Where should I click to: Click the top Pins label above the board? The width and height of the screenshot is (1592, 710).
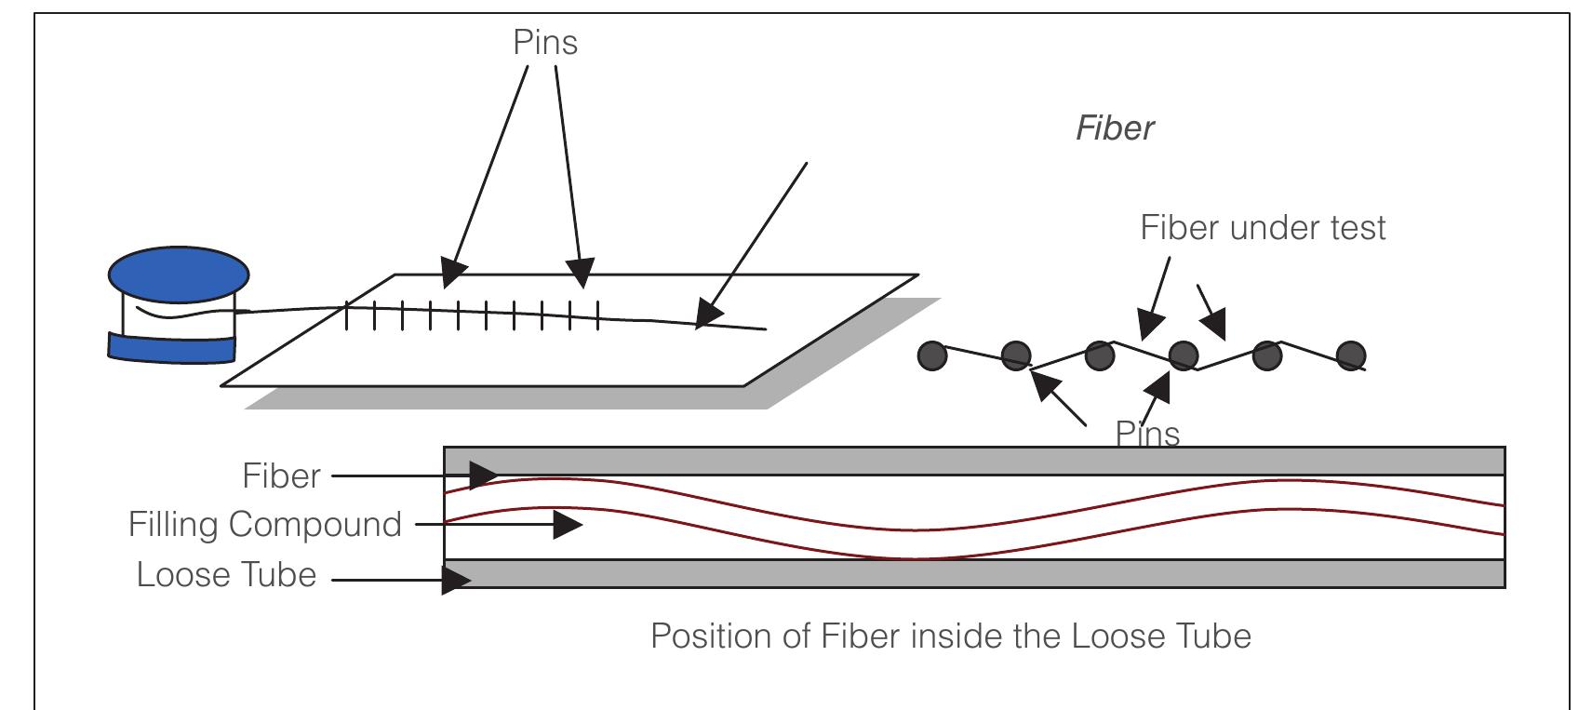pyautogui.click(x=545, y=43)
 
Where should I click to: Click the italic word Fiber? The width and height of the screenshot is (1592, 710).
pyautogui.click(x=1115, y=128)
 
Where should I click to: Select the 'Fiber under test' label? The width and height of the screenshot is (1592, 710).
pyautogui.click(x=1263, y=228)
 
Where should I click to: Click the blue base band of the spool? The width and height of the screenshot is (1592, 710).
pyautogui.click(x=172, y=347)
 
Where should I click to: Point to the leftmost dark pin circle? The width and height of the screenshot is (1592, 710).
pyautogui.click(x=932, y=355)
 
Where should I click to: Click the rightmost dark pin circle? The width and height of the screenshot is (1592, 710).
pyautogui.click(x=1351, y=355)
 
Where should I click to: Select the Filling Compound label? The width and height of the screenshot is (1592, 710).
pyautogui.click(x=264, y=525)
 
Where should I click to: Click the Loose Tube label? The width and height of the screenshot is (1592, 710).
pyautogui.click(x=226, y=575)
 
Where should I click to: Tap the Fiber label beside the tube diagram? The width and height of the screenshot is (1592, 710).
pyautogui.click(x=281, y=476)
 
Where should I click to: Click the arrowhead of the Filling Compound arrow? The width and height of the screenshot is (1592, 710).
pyautogui.click(x=567, y=525)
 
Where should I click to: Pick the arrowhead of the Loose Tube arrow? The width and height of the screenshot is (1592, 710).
pyautogui.click(x=456, y=581)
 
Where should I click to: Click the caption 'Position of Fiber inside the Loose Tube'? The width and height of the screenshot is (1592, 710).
pyautogui.click(x=950, y=636)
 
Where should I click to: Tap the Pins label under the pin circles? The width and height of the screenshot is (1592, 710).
pyautogui.click(x=1147, y=435)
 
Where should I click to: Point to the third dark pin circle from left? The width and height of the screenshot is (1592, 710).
pyautogui.click(x=1100, y=355)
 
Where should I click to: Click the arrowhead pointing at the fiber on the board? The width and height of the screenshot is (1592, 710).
pyautogui.click(x=709, y=315)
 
